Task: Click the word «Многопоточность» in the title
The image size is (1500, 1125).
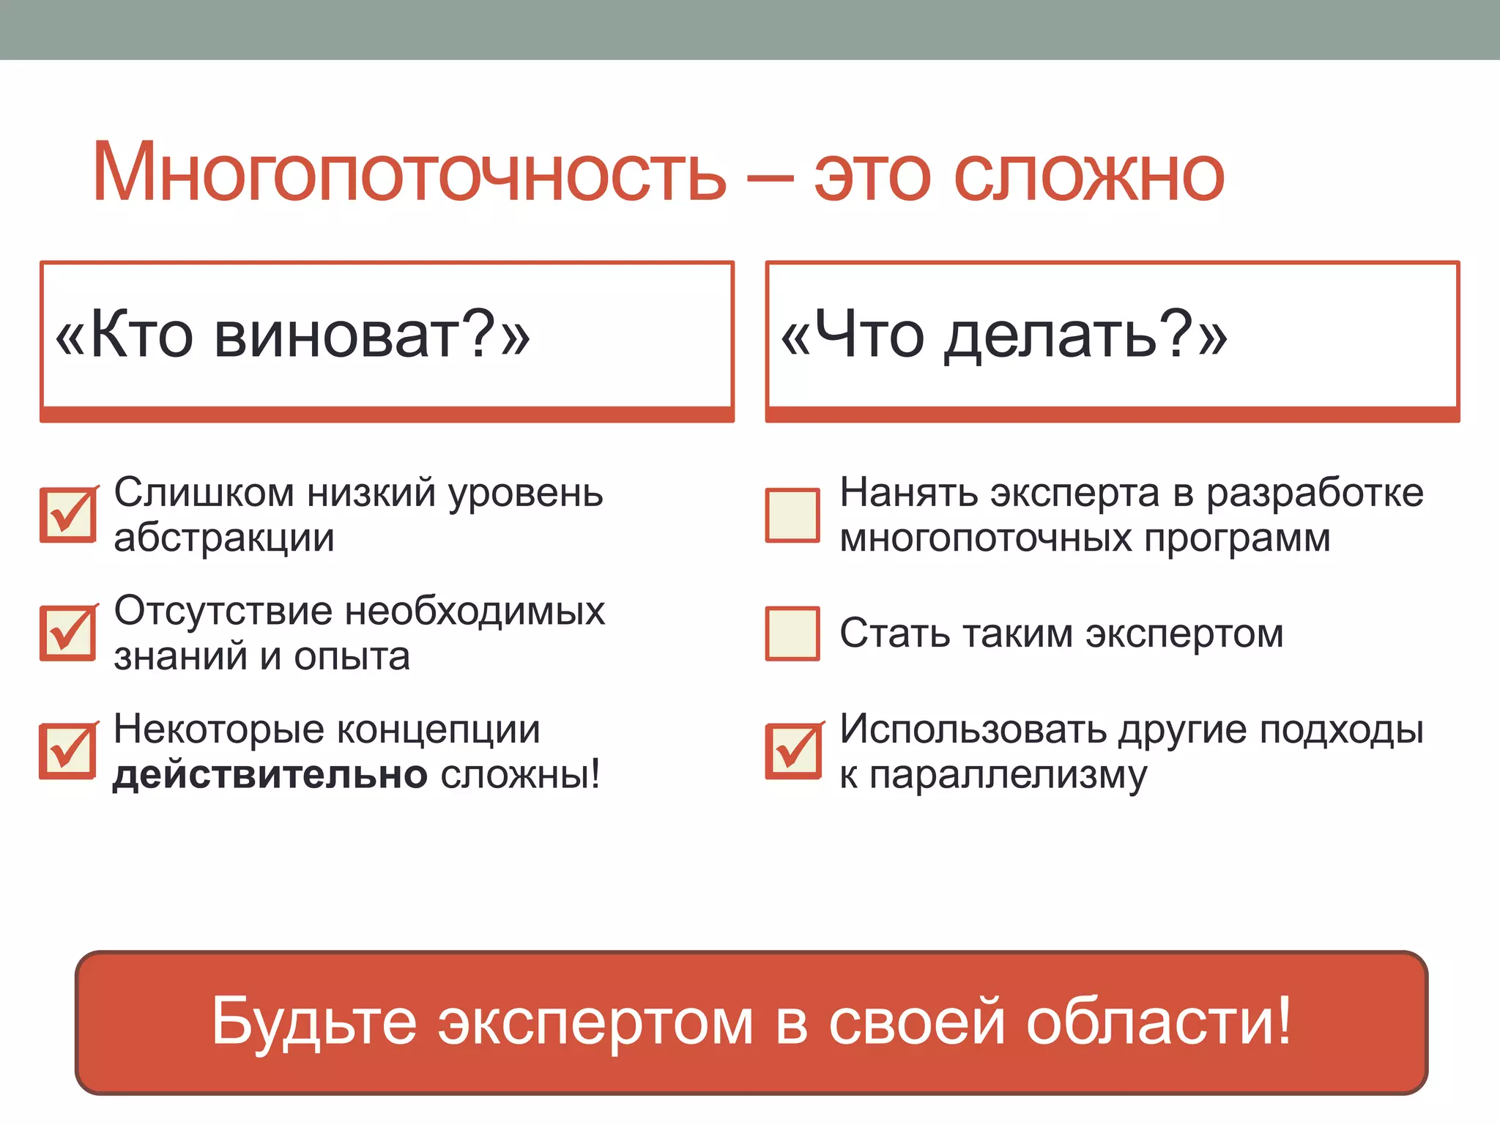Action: pos(409,172)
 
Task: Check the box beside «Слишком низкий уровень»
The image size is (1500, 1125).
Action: pos(67,515)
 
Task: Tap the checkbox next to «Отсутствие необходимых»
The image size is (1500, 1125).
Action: pos(67,633)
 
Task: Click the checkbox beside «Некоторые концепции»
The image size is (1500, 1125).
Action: pos(67,751)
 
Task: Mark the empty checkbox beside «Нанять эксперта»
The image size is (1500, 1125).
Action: pos(792,515)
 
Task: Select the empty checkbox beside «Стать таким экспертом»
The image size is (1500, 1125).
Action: pos(792,633)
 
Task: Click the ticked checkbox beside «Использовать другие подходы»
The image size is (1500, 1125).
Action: pos(793,751)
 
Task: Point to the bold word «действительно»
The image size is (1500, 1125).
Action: pos(270,775)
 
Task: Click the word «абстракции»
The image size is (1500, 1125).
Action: pos(224,539)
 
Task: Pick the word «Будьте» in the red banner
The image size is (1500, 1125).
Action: pos(313,1021)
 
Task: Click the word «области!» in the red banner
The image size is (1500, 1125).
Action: pos(1158,1021)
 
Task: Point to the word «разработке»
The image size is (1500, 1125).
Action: pos(1315,494)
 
